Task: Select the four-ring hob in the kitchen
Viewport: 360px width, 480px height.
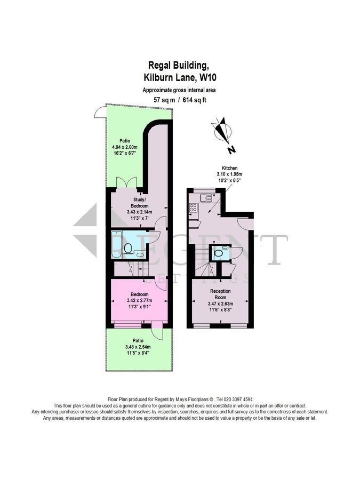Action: pyautogui.click(x=193, y=209)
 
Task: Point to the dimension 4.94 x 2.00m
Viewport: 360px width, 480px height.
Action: pyautogui.click(x=125, y=147)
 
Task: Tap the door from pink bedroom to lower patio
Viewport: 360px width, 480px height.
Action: pyautogui.click(x=157, y=332)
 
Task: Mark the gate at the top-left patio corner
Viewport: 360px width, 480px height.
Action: pyautogui.click(x=98, y=111)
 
